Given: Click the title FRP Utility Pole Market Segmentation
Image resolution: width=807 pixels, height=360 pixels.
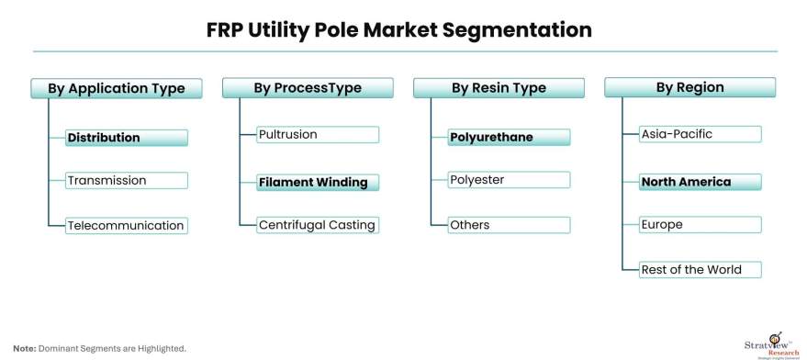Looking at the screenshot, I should (399, 30).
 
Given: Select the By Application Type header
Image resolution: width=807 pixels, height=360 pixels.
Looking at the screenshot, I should (116, 88).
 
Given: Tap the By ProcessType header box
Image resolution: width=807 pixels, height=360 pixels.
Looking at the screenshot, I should (308, 88).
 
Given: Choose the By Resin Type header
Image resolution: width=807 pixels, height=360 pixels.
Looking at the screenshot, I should (499, 88).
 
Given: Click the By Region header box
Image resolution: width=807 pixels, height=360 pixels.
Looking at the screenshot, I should (689, 88).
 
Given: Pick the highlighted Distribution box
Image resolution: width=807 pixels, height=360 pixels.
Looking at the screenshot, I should (127, 138).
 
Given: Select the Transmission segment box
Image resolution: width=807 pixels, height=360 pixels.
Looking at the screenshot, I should (127, 181).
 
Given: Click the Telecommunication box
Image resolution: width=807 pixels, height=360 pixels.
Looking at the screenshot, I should (127, 225).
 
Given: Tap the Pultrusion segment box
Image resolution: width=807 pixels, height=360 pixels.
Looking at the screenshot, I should (318, 134).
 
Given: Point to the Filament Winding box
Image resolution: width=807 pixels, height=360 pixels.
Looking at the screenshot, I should (318, 182).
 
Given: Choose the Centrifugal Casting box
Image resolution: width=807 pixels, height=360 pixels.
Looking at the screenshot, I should (318, 225).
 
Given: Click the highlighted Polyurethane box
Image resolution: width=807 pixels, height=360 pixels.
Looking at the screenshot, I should (509, 138).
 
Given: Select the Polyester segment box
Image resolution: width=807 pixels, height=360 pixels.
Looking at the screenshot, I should (509, 181).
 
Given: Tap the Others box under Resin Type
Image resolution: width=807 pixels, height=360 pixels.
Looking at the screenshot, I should (509, 225).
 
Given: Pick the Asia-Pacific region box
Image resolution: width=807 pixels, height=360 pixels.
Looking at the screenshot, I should (701, 134).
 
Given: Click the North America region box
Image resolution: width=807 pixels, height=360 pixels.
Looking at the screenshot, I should (701, 182).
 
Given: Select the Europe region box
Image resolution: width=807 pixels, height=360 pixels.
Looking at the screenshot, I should (701, 225).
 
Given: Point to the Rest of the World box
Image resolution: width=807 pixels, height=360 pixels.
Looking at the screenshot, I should (701, 269).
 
